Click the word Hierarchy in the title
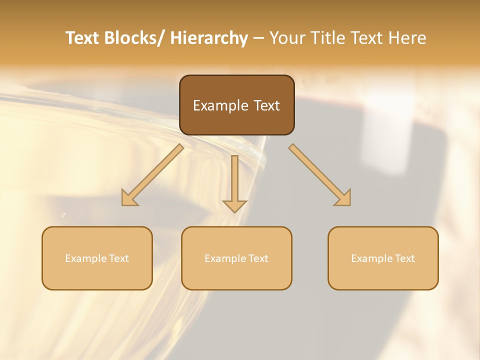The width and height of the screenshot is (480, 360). pyautogui.click(x=209, y=38)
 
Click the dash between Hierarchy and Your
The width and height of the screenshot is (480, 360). pyautogui.click(x=258, y=38)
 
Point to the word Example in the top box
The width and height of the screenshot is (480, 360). pyautogui.click(x=219, y=105)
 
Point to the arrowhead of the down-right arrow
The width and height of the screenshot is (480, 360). pyautogui.click(x=344, y=199)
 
